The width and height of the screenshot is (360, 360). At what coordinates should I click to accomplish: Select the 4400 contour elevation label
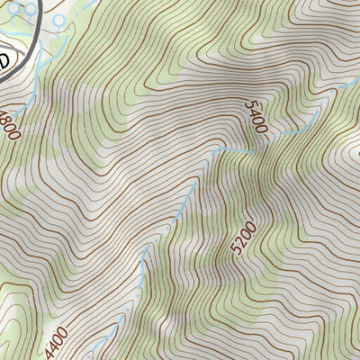tap(56, 343)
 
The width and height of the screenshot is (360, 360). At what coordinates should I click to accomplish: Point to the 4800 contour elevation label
tap(9, 121)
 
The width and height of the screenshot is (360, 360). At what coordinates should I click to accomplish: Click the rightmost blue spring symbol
tap(59, 20)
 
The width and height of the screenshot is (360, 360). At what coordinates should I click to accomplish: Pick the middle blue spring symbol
tap(32, 8)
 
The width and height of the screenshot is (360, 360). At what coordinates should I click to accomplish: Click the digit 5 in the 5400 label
tap(251, 105)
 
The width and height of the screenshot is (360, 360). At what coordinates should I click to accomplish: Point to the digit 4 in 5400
tap(255, 113)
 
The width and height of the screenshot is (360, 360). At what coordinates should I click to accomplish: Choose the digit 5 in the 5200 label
tap(236, 251)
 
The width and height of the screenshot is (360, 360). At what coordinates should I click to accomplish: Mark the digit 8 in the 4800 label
tap(8, 119)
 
